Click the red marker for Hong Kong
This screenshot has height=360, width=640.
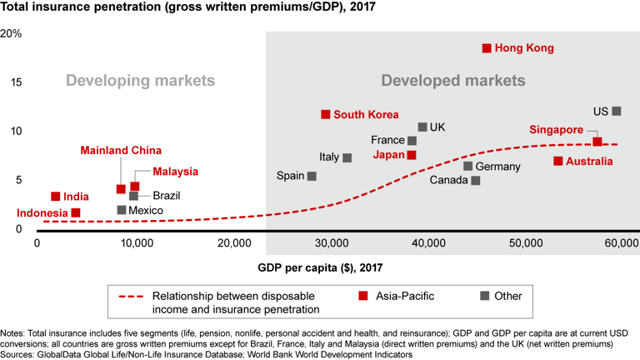(x=487, y=48)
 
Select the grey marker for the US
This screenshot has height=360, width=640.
(x=617, y=111)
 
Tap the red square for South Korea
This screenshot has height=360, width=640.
(x=326, y=114)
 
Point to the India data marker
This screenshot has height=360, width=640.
(x=56, y=197)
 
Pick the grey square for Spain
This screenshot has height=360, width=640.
(x=312, y=176)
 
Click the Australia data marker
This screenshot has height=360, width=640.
(x=557, y=161)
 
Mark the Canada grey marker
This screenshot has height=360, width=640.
(x=476, y=180)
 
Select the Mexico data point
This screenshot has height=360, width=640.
(x=122, y=210)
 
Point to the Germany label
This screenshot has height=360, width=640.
(x=497, y=167)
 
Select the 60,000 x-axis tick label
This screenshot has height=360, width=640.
(x=616, y=242)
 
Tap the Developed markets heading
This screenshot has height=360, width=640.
(x=453, y=81)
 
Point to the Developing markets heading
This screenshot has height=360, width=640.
(x=140, y=81)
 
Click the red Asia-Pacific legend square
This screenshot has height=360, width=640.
(x=363, y=296)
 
